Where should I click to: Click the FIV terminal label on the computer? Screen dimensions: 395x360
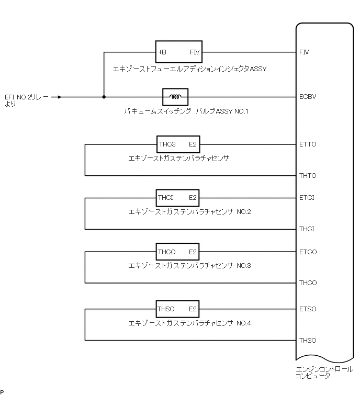tap(303, 53)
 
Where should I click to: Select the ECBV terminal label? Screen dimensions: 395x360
tap(307, 97)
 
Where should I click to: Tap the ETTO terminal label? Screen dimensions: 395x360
tap(307, 144)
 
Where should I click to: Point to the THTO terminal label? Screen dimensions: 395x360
tap(307, 175)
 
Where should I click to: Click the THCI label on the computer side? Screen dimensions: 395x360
tap(306, 229)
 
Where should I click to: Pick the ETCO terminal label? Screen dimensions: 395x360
tap(308, 252)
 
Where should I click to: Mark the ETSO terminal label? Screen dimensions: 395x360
tap(308, 309)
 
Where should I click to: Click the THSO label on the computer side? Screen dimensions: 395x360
tap(308, 341)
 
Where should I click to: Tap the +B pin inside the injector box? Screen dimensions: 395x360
tap(162, 52)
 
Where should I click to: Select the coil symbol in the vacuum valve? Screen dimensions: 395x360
tap(175, 97)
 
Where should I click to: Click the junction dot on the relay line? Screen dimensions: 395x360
tap(104, 97)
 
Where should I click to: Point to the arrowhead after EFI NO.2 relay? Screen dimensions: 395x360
tap(60, 97)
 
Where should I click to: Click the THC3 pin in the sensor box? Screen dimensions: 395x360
tap(166, 144)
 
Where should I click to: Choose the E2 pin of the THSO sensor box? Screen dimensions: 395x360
tap(193, 309)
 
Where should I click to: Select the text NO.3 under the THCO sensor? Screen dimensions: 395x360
tap(244, 266)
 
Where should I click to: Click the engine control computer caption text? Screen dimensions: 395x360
tap(324, 372)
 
